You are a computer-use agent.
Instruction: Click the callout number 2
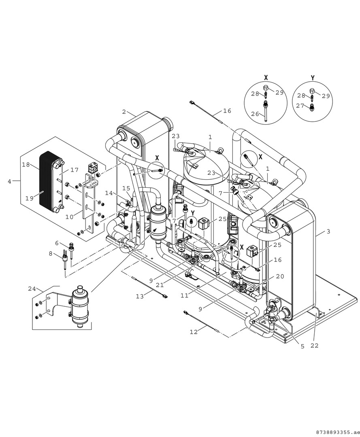coord(124,112)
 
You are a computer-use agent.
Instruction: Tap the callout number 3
coord(328,231)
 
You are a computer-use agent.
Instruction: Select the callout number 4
coord(9,181)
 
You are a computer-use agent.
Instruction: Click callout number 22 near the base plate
coord(315,346)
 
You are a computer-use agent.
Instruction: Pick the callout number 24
coord(32,289)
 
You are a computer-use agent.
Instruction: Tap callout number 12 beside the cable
coord(194,332)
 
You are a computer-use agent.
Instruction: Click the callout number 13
coord(140,297)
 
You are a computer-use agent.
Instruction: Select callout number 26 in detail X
coord(255,115)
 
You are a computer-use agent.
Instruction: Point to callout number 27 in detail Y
coord(300,106)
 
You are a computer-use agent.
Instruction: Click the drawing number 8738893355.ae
coord(336,431)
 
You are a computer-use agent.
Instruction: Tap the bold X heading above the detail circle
coord(266,77)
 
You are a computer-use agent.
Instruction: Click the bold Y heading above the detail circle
coord(313,77)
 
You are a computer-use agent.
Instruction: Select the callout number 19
coord(30,198)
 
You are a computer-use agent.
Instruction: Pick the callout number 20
coord(279,276)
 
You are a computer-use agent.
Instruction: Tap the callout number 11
coord(185,295)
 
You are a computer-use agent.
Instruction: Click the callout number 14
coord(109,193)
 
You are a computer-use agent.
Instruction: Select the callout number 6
coord(57,243)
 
